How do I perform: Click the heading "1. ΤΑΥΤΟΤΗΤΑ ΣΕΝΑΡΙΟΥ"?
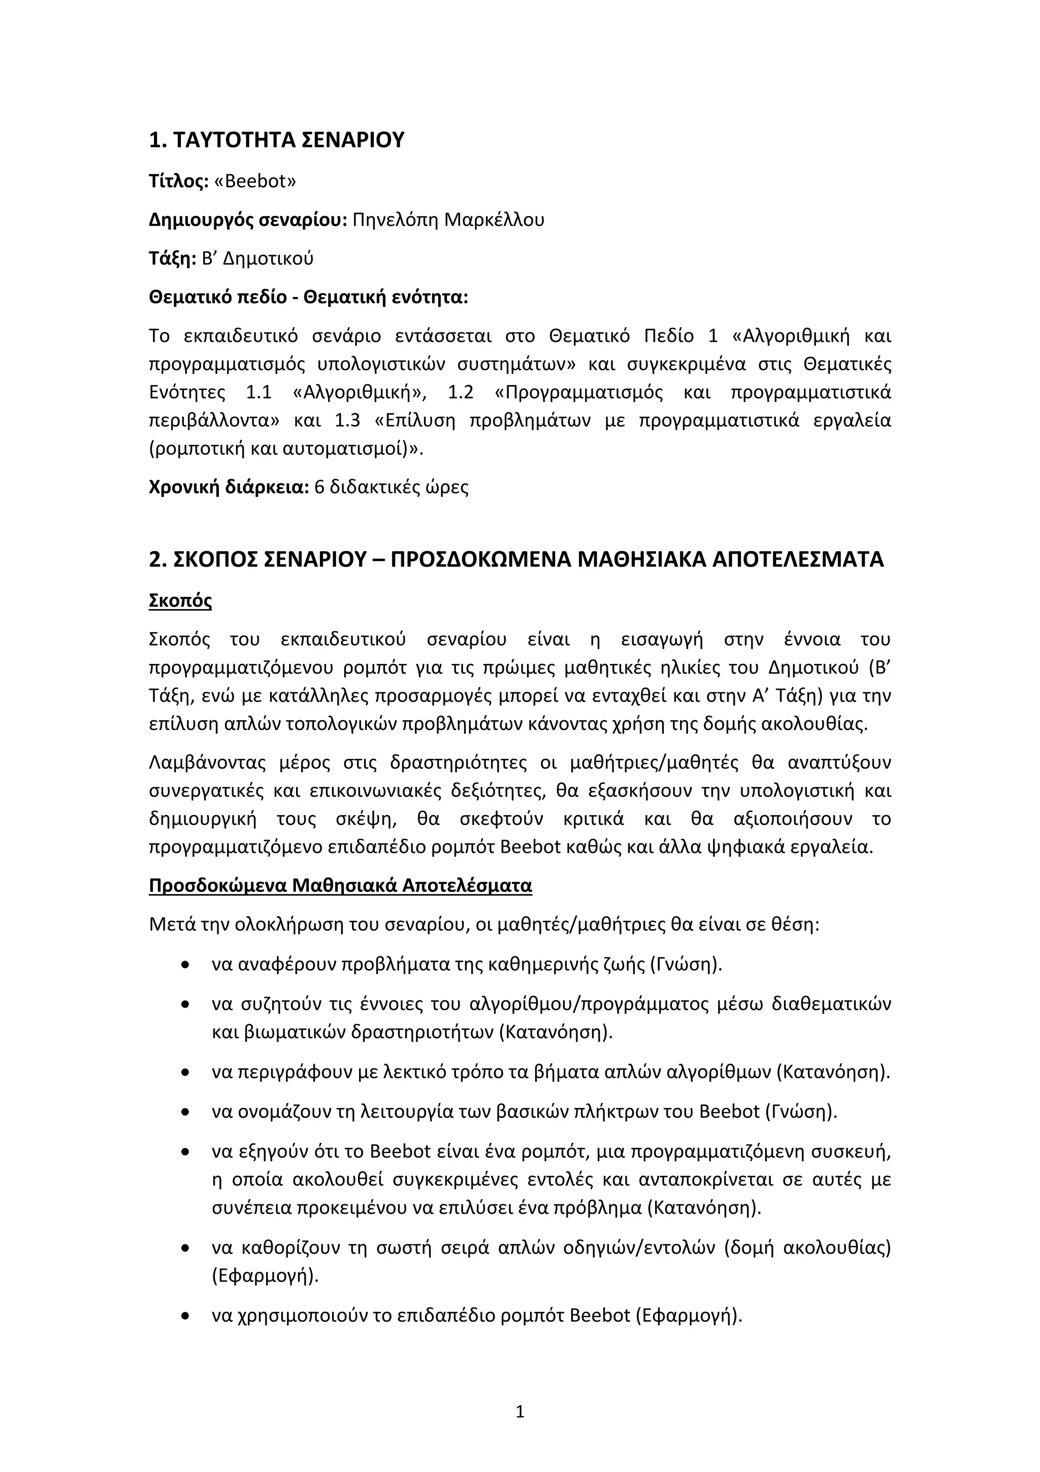pos(276,140)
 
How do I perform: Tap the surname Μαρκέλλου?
pos(494,220)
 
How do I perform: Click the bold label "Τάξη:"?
pos(172,259)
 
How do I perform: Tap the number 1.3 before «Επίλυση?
pos(347,421)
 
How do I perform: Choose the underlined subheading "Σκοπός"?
pos(180,601)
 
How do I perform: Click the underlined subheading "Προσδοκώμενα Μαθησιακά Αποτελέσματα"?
pos(340,885)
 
